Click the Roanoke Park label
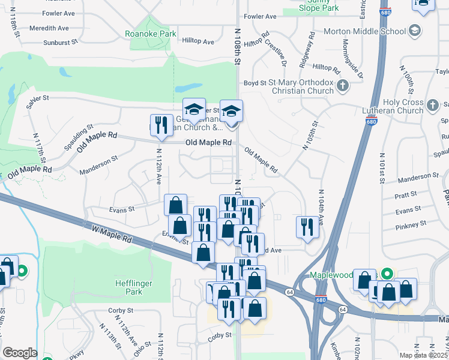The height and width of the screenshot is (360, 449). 151,34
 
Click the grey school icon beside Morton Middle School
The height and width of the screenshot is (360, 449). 415,31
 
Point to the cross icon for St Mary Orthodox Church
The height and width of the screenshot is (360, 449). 343,86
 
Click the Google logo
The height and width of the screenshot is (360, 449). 20,353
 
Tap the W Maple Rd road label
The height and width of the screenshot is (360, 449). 112,233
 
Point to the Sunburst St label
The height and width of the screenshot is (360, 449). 61,43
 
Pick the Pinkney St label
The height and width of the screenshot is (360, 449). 411,223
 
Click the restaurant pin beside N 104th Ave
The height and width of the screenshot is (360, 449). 307,227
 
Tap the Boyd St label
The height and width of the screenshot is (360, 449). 250,83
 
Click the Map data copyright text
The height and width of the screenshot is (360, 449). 424,355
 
